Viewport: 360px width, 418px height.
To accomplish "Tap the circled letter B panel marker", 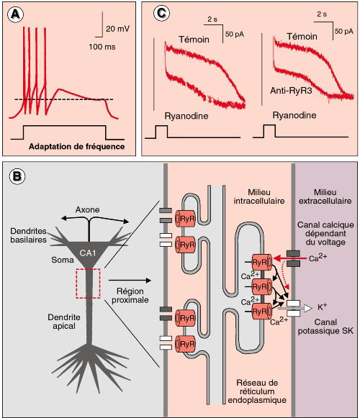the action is (17, 176).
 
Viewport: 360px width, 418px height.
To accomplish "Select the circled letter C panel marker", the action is (161, 14).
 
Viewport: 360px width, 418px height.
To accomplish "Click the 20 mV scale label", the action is (117, 29).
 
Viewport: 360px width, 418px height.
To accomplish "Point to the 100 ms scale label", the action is (102, 47).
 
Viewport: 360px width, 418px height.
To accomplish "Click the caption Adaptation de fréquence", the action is (76, 147).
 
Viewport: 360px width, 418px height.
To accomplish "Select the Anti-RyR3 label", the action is (291, 91).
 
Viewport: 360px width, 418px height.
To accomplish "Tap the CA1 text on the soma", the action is (88, 253).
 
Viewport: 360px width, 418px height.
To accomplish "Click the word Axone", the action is (87, 210).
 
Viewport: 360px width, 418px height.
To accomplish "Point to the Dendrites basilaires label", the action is (28, 235).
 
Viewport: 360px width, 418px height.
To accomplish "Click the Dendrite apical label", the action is (64, 322).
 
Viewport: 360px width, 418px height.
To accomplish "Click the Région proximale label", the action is (130, 296).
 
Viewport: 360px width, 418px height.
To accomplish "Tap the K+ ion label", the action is (322, 307).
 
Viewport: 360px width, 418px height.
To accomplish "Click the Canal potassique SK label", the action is (325, 327).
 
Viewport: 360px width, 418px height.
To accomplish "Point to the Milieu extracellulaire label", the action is (325, 196).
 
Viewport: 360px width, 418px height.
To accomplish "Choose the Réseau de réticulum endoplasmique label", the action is (257, 391).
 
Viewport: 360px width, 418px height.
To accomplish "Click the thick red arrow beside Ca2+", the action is (289, 258).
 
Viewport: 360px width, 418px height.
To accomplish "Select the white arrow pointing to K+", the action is (295, 309).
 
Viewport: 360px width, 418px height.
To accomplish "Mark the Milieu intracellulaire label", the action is (259, 196).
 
